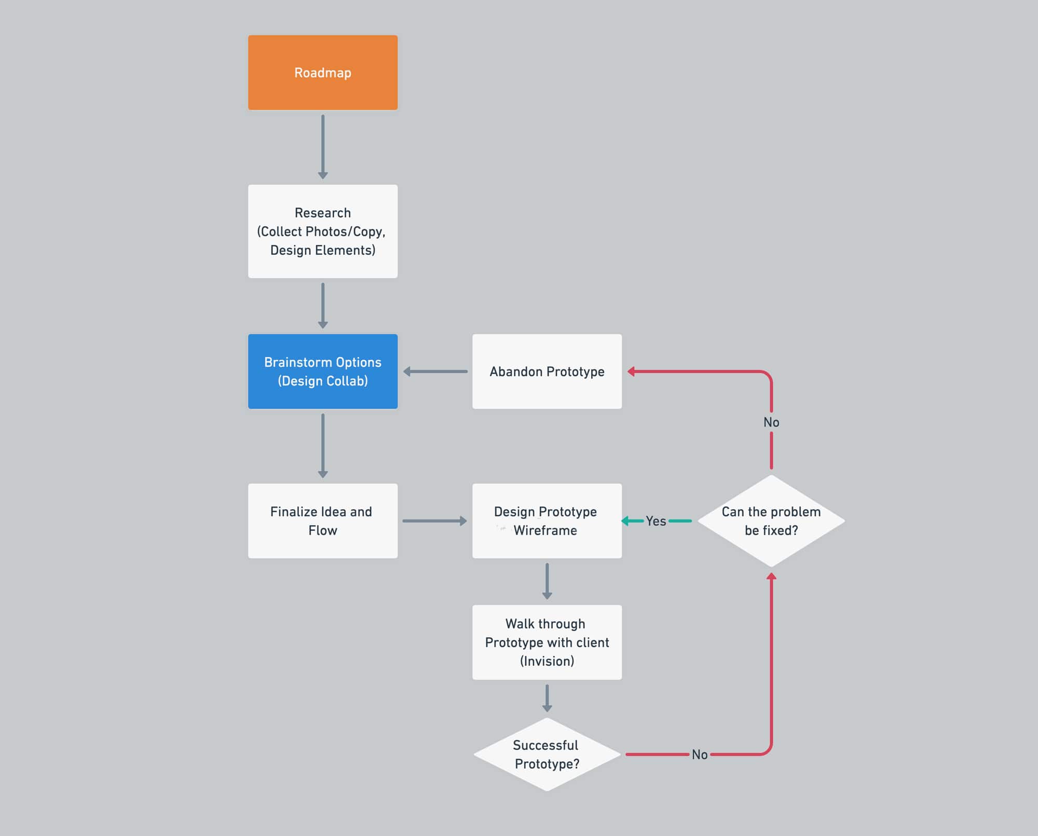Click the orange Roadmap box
(323, 73)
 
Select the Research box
(323, 231)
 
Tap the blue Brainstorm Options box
(323, 372)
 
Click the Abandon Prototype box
(547, 372)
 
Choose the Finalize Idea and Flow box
(323, 521)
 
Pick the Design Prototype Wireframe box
(547, 521)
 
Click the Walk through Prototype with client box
(547, 642)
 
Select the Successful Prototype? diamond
(547, 755)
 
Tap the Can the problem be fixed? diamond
(771, 521)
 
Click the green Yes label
(656, 521)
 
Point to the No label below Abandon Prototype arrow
(771, 422)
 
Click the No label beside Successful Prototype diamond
(700, 755)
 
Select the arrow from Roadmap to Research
(323, 147)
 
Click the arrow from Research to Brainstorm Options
(323, 306)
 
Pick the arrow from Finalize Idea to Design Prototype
(435, 521)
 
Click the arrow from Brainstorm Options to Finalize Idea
(323, 446)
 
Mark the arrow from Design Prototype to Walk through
(547, 581)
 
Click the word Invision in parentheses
(547, 661)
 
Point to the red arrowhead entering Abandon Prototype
(632, 372)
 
